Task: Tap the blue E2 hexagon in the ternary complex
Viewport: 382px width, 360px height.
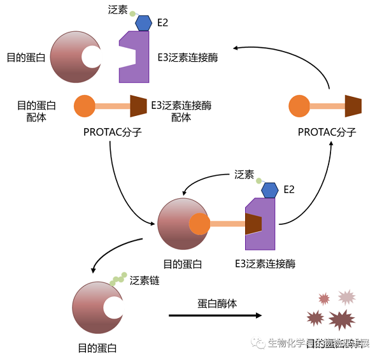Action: click(x=269, y=189)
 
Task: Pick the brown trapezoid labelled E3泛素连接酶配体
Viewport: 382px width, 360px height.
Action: click(x=139, y=106)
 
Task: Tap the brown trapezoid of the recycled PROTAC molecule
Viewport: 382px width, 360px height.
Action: click(x=353, y=106)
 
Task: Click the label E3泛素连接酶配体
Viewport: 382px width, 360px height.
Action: click(x=181, y=111)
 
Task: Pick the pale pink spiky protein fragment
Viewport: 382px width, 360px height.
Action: click(x=346, y=296)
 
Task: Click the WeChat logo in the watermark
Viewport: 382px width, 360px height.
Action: click(x=259, y=343)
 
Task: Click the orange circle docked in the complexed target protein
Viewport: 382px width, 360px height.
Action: click(x=199, y=224)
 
